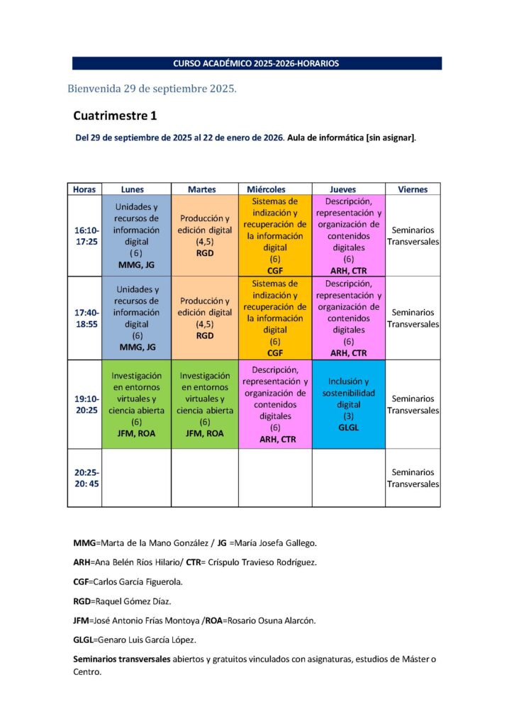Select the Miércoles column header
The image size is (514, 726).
point(266,189)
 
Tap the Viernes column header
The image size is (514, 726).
point(413,189)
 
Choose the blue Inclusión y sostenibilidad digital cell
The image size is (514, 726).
point(348,404)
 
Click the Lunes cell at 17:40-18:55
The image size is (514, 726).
point(137,318)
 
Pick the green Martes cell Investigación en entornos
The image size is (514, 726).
point(205,404)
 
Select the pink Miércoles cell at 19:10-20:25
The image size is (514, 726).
point(275,404)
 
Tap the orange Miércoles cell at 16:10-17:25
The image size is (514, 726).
point(275,236)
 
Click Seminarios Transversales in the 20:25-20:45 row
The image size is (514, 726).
point(413,478)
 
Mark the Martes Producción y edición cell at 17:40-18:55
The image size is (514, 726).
point(205,318)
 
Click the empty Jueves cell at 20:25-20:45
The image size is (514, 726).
point(348,478)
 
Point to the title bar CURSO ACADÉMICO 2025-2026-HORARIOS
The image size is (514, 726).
point(257,64)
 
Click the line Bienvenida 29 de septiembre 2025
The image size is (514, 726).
point(152,89)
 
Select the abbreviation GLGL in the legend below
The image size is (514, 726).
point(82,640)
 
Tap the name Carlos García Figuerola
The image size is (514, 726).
point(138,581)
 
